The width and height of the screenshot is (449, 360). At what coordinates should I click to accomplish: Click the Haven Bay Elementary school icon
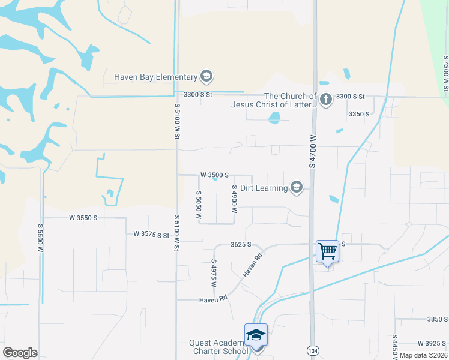(x=206, y=76)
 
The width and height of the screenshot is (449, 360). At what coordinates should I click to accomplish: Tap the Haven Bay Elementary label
(x=156, y=77)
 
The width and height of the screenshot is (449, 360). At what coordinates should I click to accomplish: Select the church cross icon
(x=326, y=100)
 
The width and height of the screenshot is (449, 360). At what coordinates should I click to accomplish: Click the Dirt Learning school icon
(x=296, y=188)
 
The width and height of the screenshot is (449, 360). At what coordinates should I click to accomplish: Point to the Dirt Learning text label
(x=264, y=188)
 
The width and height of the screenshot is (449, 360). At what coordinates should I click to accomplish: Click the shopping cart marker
(x=328, y=251)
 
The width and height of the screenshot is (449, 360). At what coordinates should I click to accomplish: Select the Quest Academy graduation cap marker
(x=256, y=335)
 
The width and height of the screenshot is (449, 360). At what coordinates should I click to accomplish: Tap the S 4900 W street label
(x=234, y=199)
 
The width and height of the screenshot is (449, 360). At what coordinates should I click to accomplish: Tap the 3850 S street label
(x=437, y=319)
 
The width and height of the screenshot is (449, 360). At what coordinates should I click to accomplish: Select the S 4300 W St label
(x=445, y=75)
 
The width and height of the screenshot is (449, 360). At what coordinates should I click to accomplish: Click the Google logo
(x=20, y=353)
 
